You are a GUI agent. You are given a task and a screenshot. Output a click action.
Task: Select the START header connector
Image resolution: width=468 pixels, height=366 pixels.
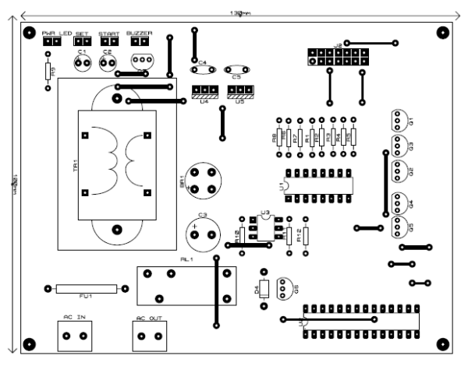(x=108, y=41)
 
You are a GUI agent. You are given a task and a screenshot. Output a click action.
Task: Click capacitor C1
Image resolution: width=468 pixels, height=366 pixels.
(x=82, y=60)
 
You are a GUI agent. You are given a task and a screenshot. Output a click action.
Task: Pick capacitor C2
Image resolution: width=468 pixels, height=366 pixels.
(x=108, y=60)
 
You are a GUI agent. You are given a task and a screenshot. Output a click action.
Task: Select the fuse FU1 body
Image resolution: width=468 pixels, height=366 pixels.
(x=87, y=289)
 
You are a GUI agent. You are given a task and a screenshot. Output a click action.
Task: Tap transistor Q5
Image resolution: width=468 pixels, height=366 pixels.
(x=397, y=227)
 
